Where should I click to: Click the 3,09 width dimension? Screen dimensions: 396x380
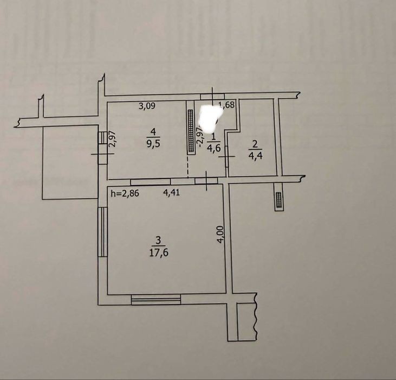point(147,106)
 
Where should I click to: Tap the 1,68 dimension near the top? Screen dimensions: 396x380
point(228,104)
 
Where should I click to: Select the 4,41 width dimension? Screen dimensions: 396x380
point(172,193)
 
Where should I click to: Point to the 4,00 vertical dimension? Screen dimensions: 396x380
point(220,235)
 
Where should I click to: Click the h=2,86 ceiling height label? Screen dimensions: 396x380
point(125,193)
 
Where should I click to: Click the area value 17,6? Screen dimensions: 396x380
point(159,252)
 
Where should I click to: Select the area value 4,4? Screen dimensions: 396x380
point(255,155)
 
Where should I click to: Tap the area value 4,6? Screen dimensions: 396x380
point(213,148)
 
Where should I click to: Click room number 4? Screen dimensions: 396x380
point(153,131)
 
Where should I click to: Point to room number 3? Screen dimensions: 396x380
point(158,240)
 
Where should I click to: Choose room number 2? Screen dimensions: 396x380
point(255,144)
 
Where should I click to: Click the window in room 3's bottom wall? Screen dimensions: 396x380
point(156,299)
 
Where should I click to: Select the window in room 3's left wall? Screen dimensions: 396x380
point(103,232)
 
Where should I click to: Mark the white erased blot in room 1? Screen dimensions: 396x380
point(211,118)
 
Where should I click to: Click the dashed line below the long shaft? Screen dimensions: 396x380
point(187,167)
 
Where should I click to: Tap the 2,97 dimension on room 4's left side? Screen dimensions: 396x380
point(112,138)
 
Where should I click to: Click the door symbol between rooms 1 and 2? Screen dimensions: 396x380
point(227,156)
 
